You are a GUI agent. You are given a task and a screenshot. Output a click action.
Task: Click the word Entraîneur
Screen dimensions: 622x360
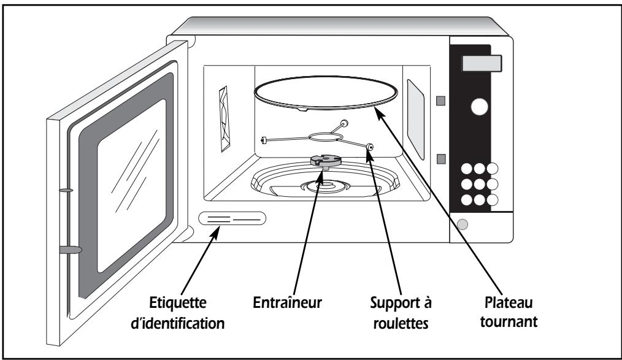pyautogui.click(x=287, y=302)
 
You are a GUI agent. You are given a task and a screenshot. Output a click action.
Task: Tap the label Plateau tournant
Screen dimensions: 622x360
pyautogui.click(x=509, y=312)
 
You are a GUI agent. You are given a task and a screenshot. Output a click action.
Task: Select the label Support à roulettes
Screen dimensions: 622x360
pyautogui.click(x=401, y=312)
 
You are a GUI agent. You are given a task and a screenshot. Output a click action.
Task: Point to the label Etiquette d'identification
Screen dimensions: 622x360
pyautogui.click(x=178, y=313)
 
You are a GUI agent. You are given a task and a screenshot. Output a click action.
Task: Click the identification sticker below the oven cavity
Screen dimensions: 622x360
pyautogui.click(x=232, y=218)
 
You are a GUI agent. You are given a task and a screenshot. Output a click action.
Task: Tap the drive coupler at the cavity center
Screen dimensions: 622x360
pyautogui.click(x=326, y=161)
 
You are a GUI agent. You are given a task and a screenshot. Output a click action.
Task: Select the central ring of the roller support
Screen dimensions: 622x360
pyautogui.click(x=324, y=137)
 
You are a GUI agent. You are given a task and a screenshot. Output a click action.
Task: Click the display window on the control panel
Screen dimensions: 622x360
pyautogui.click(x=482, y=63)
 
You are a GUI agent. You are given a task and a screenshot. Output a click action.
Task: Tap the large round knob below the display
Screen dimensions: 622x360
pyautogui.click(x=479, y=107)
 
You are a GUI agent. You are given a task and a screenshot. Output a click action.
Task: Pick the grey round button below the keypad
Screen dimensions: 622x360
pyautogui.click(x=462, y=224)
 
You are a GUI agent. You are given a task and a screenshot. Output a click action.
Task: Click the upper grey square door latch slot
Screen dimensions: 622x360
pyautogui.click(x=440, y=101)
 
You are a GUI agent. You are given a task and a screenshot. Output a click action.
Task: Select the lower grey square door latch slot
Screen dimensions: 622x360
pyautogui.click(x=440, y=159)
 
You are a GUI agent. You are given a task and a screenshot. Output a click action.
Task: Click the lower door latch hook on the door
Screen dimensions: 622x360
pyautogui.click(x=70, y=250)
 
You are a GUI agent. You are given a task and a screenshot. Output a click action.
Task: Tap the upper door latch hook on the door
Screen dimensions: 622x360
pyautogui.click(x=66, y=190)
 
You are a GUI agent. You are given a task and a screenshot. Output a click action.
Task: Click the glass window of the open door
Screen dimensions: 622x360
pyautogui.click(x=132, y=186)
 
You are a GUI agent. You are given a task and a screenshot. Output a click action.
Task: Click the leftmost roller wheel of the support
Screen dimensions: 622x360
pyautogui.click(x=263, y=140)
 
